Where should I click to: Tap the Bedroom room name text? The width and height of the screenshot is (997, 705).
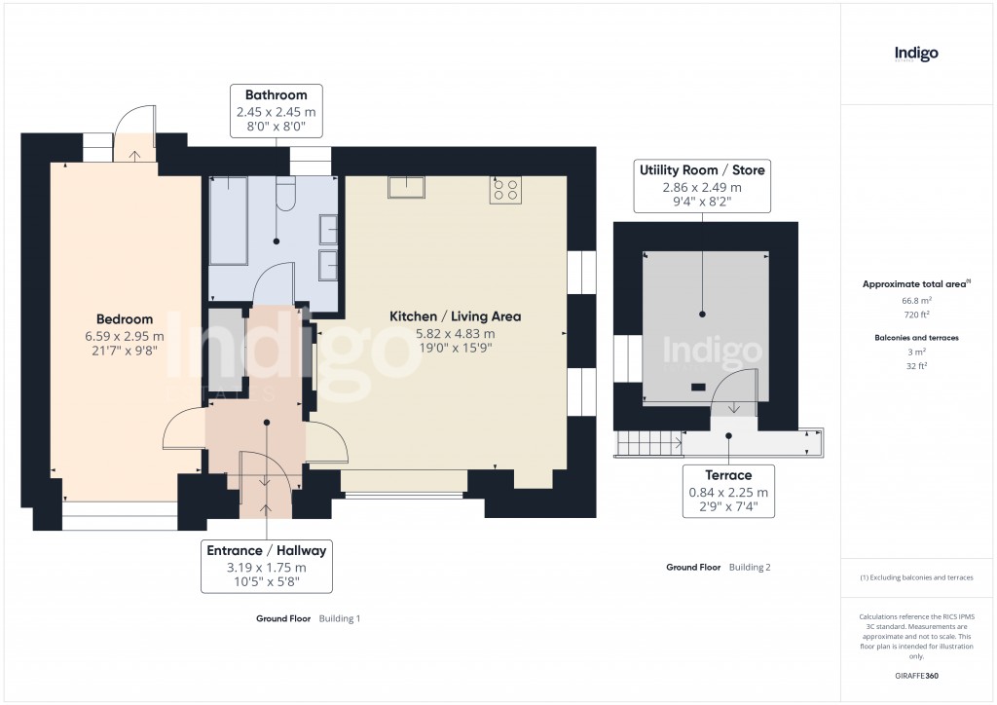tap(125, 319)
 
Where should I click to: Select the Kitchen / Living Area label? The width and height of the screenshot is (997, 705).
tap(455, 316)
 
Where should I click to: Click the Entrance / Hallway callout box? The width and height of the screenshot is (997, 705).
tap(266, 566)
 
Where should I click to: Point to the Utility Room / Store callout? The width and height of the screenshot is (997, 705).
tap(701, 186)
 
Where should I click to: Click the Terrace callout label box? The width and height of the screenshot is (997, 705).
tap(728, 492)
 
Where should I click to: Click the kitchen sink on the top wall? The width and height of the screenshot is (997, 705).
tap(406, 186)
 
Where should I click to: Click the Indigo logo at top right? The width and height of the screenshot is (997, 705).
tap(916, 54)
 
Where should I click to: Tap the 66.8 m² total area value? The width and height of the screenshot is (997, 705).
tap(915, 301)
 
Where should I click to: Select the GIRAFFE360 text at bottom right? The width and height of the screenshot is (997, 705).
tap(915, 675)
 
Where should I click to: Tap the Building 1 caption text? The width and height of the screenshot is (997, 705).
tap(340, 618)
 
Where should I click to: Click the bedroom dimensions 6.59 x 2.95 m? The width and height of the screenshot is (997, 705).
tap(125, 336)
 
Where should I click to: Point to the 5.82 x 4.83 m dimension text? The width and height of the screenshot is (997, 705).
tap(455, 334)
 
